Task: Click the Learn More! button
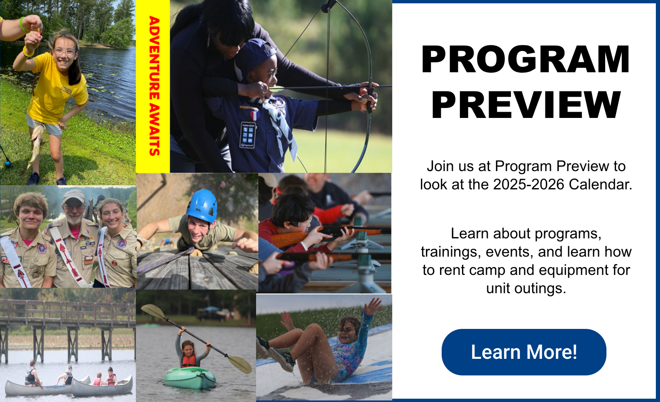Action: click(523, 352)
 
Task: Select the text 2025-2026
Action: click(528, 184)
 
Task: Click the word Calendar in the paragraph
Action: click(601, 184)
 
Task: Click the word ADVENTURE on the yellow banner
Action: click(154, 58)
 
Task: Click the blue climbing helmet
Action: click(202, 206)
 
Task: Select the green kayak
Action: click(190, 377)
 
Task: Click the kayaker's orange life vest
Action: click(188, 361)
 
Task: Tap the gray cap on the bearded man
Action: click(73, 196)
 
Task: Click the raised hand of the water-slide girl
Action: click(373, 306)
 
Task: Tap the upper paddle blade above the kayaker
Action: click(153, 311)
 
